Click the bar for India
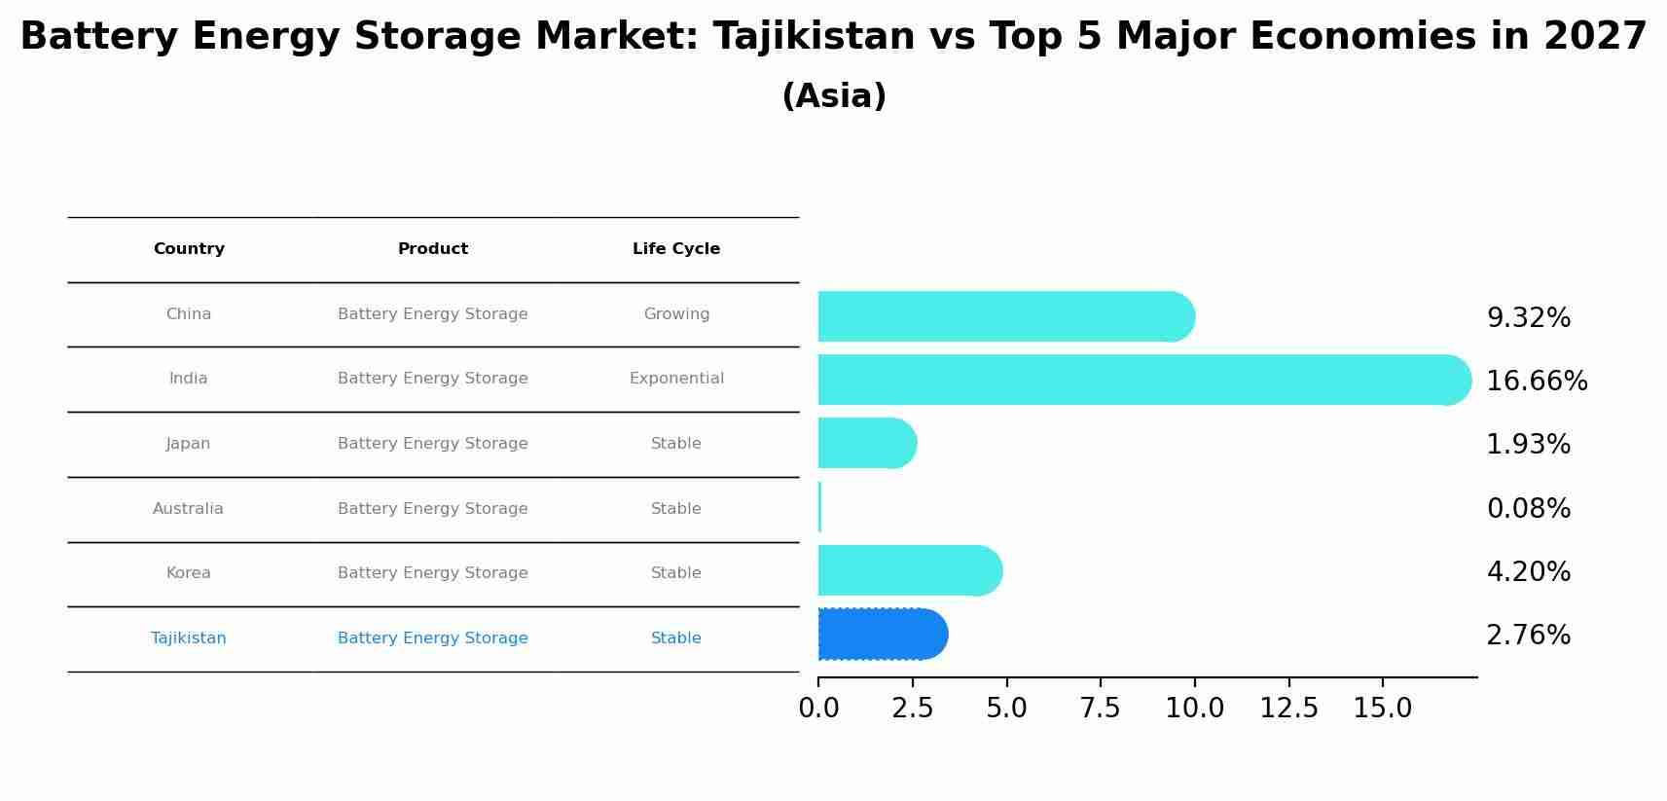tap(1139, 380)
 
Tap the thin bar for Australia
tap(819, 507)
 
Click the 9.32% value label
tap(1528, 318)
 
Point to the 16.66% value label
tap(1537, 382)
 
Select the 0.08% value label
tap(1528, 509)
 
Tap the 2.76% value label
tap(1528, 636)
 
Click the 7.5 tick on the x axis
tap(1100, 709)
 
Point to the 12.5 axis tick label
tap(1288, 709)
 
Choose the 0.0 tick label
tap(818, 709)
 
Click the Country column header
tap(189, 249)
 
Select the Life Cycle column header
tap(676, 249)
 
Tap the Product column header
tap(432, 249)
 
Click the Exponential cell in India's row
tap(676, 379)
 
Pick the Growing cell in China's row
tap(676, 314)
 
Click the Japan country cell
tap(188, 444)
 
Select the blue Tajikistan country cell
tap(188, 638)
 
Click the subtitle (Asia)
tap(833, 96)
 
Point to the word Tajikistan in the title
tap(814, 37)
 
